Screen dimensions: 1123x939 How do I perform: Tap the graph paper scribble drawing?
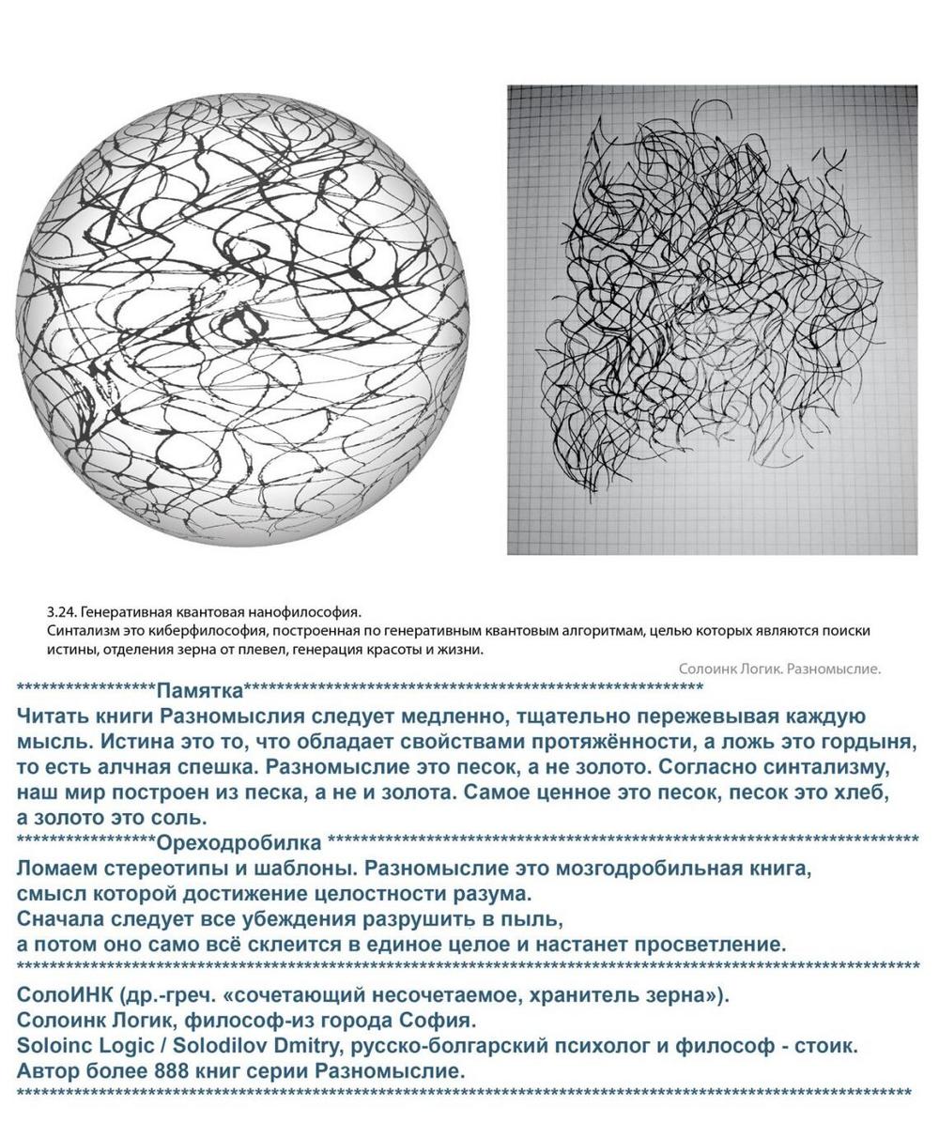(x=712, y=319)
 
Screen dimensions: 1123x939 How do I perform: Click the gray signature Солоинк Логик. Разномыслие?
(x=778, y=669)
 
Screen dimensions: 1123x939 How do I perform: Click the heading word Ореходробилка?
(x=239, y=841)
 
